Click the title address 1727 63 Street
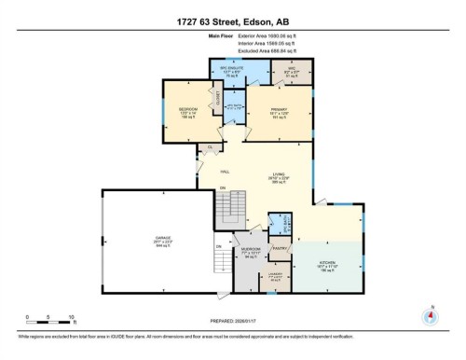[232, 21]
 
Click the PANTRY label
[278, 250]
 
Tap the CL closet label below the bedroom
[211, 147]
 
